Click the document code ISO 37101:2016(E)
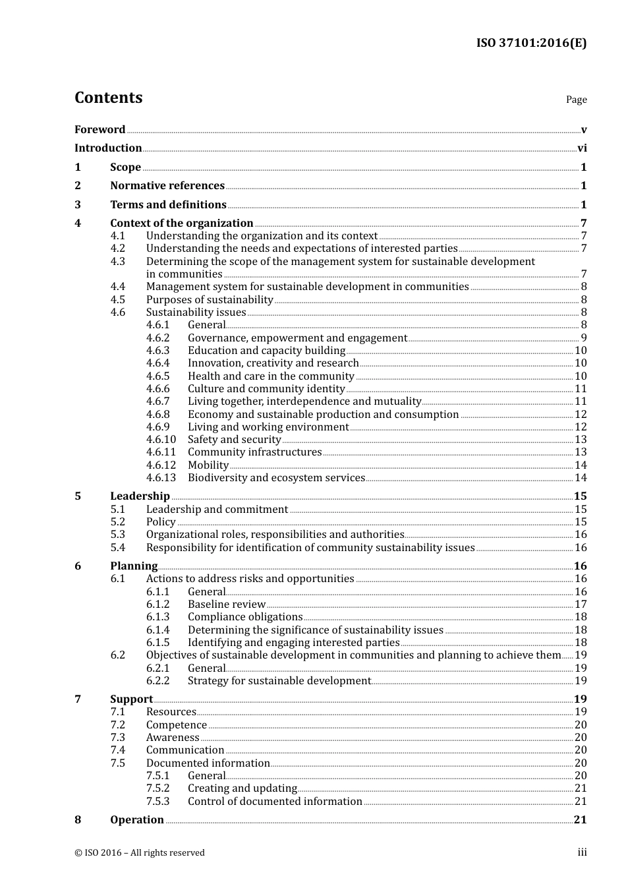point(531,43)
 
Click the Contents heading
point(108,98)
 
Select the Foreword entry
point(100,129)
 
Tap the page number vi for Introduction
point(582,148)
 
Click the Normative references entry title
point(167,186)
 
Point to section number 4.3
point(118,261)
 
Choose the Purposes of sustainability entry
point(210,299)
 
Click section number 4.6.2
point(157,338)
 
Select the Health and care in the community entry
point(271,376)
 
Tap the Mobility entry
point(208,465)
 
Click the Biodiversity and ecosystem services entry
point(276,477)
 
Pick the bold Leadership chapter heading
point(140,496)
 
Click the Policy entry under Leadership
point(161,521)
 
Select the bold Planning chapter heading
point(134,566)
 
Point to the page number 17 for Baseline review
point(581,605)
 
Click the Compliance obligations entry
point(245,617)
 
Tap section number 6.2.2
point(157,680)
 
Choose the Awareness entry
point(173,737)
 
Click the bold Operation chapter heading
point(137,820)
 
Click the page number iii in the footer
point(582,852)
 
